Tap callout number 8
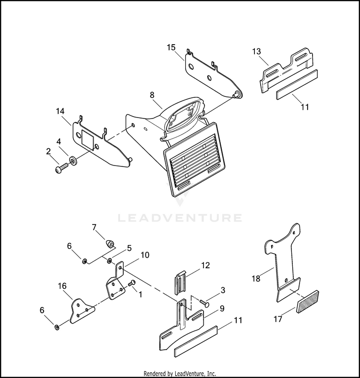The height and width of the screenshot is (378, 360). [153, 95]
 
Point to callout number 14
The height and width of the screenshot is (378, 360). [60, 112]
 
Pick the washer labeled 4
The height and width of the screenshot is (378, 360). [72, 160]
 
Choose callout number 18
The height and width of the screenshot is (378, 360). [255, 278]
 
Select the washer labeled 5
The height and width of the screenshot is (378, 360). [110, 261]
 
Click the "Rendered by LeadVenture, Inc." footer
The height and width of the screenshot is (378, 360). [180, 373]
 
